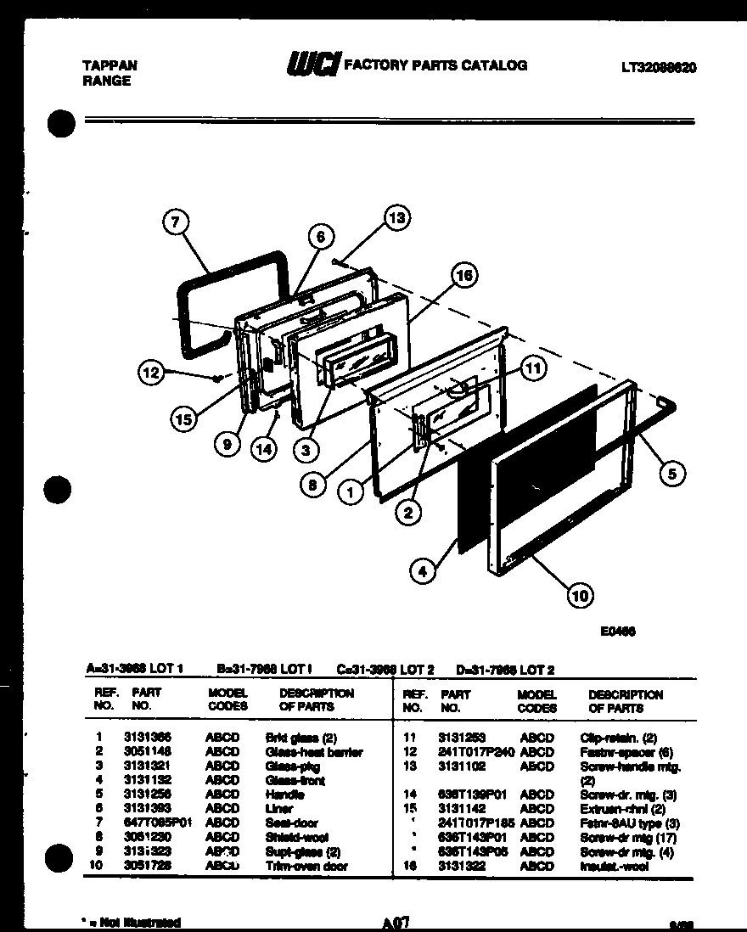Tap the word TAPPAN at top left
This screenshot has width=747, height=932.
(x=110, y=65)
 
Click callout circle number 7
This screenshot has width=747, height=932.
(x=175, y=223)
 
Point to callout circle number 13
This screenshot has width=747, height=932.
(x=396, y=217)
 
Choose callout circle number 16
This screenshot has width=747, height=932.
(x=463, y=274)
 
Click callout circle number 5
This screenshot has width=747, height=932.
(x=671, y=474)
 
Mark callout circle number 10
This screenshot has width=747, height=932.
(x=580, y=596)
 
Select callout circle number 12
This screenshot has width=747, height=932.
(x=152, y=371)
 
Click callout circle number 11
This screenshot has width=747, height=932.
(x=532, y=368)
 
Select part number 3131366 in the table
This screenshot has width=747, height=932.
(x=147, y=738)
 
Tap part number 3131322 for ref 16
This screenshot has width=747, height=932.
(x=461, y=866)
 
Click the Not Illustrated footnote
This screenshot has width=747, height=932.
(x=131, y=922)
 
